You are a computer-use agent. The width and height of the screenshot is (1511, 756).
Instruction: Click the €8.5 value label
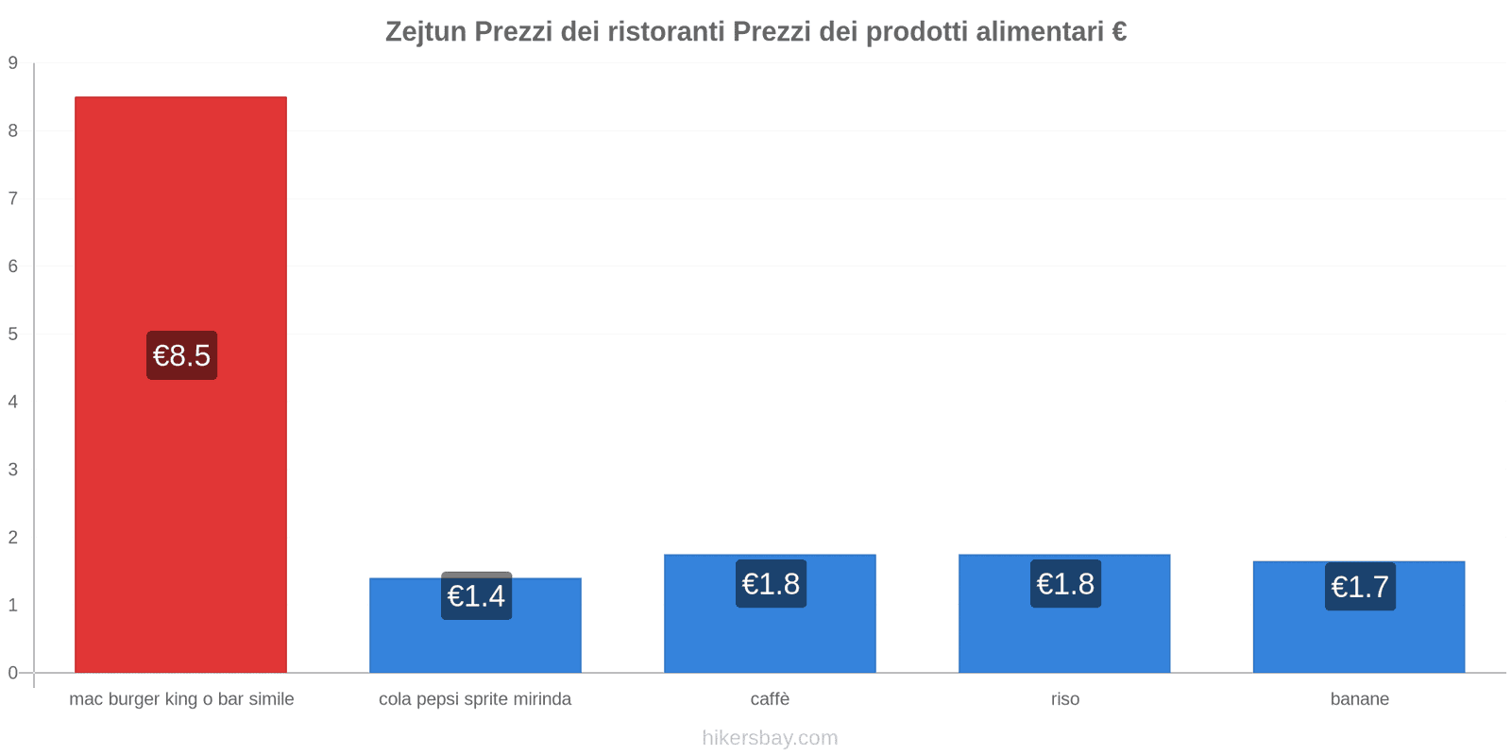coord(181,355)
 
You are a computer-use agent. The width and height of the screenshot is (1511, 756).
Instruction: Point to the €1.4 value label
coord(476,596)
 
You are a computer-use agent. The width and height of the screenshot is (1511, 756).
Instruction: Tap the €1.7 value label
coord(1360,587)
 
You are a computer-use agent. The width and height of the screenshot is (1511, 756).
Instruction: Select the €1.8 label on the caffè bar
coord(771,584)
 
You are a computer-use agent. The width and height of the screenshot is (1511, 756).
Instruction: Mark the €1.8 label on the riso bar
coord(1065,584)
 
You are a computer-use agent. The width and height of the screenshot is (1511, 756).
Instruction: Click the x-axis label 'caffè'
coord(770,699)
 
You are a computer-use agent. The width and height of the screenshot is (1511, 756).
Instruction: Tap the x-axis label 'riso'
coord(1064,699)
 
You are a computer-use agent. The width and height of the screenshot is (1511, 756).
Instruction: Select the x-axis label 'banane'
coord(1359,699)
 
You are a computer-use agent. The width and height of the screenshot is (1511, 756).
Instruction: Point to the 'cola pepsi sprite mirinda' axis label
coord(475,699)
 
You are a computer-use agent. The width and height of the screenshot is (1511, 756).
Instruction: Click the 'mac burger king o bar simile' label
coord(181,699)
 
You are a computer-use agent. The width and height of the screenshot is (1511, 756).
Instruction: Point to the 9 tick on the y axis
coord(13,63)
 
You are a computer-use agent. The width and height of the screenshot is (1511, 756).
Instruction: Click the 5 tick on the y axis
coord(13,335)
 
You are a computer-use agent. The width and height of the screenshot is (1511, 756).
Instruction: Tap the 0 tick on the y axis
coord(13,673)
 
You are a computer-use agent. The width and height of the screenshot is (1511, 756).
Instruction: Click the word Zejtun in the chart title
coord(425,32)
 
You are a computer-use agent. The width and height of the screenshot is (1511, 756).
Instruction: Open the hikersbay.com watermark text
coord(770,738)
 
